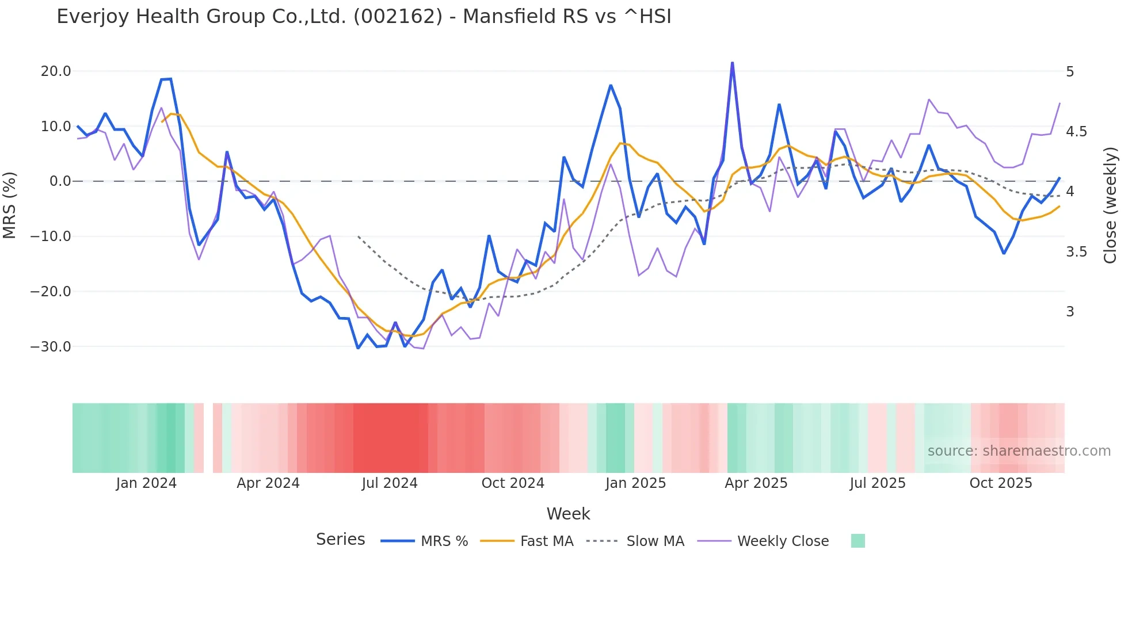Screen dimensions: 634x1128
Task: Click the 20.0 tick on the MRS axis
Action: click(x=55, y=71)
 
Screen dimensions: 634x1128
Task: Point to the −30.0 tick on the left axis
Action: click(x=51, y=347)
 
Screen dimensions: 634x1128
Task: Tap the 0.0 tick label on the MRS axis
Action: click(x=60, y=181)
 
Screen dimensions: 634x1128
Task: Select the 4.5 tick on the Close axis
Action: click(x=1076, y=132)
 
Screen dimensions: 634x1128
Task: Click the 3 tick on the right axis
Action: click(x=1070, y=312)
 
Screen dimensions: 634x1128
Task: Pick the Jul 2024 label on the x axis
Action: click(x=389, y=483)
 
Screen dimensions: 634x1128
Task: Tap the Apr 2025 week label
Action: click(x=756, y=483)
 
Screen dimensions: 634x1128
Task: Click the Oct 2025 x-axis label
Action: click(x=1000, y=483)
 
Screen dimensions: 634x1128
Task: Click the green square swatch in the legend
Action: click(x=858, y=541)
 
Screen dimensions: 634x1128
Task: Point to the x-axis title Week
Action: click(x=568, y=514)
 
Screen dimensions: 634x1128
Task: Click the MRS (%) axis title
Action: click(x=10, y=205)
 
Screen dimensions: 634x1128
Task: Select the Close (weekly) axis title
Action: click(x=1110, y=205)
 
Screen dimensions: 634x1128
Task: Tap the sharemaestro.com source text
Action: click(x=1019, y=451)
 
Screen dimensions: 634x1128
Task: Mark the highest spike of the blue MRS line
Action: click(x=732, y=63)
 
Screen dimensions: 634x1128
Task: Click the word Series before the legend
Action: click(x=340, y=540)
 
